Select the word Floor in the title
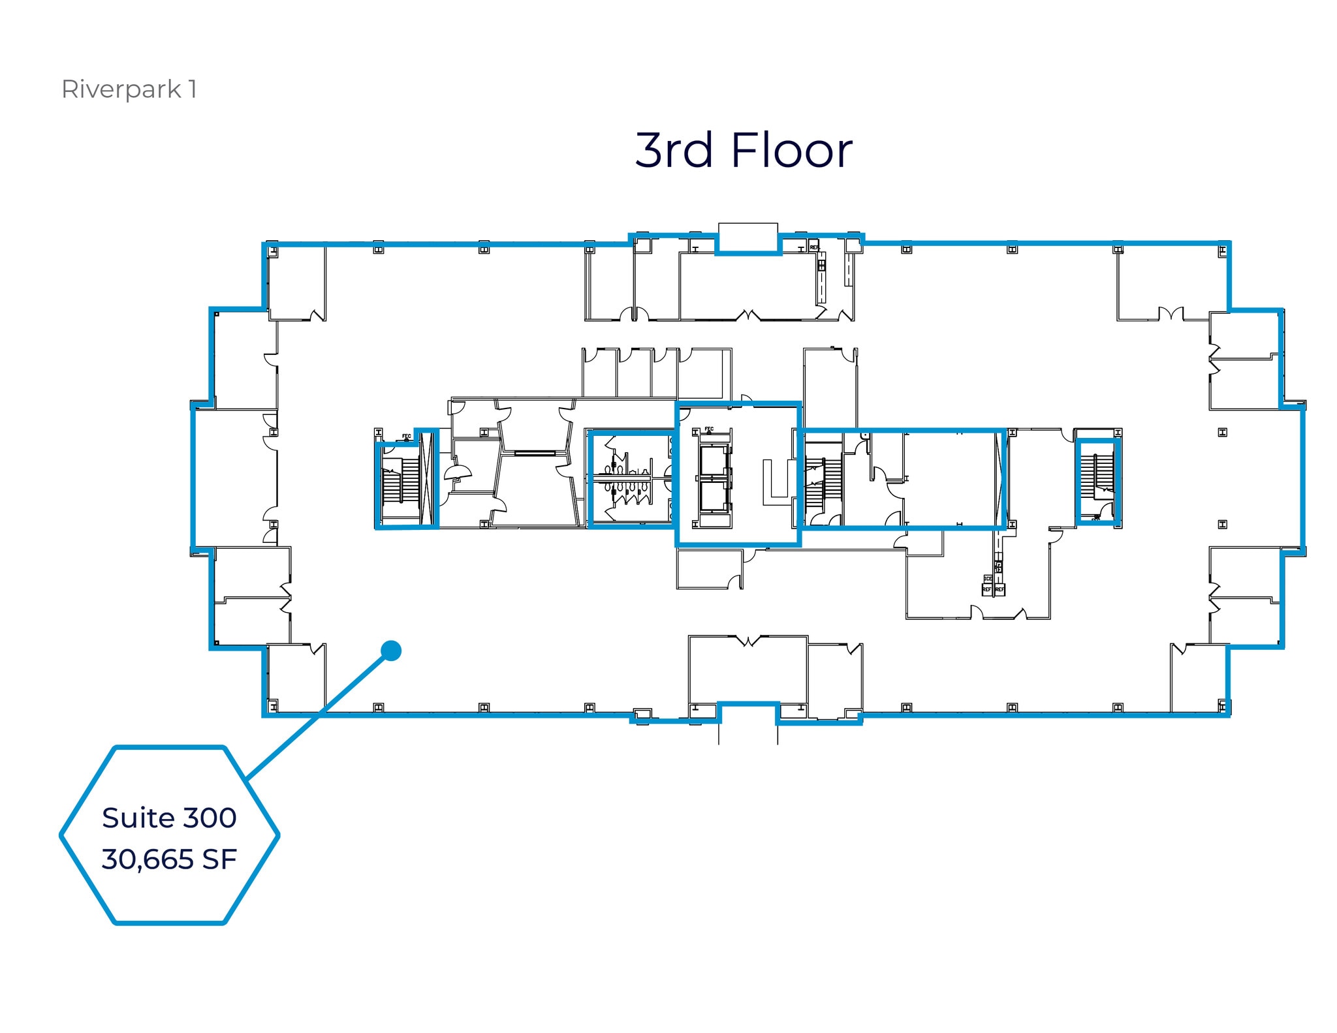[791, 150]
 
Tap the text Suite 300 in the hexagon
[169, 818]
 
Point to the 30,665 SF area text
[169, 859]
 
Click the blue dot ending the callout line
[390, 650]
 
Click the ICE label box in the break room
[988, 579]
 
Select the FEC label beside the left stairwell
[406, 436]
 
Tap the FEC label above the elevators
[709, 429]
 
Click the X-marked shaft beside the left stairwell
[428, 480]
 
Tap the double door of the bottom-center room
[749, 641]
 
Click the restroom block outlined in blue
[630, 480]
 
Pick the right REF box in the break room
[999, 589]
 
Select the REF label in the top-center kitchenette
[814, 248]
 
